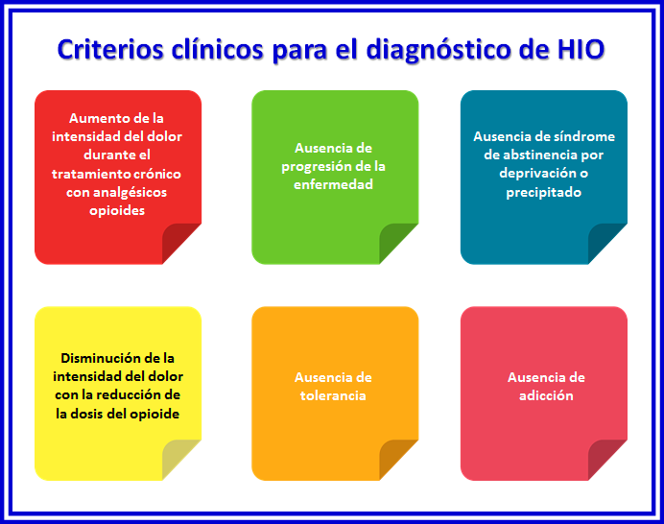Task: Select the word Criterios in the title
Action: point(110,49)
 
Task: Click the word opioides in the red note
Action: point(117,211)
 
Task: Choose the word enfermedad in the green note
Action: point(333,184)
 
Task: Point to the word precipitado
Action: point(544,193)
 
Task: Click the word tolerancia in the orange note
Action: point(333,395)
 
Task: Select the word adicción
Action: point(546,395)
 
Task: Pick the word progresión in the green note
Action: point(318,167)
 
